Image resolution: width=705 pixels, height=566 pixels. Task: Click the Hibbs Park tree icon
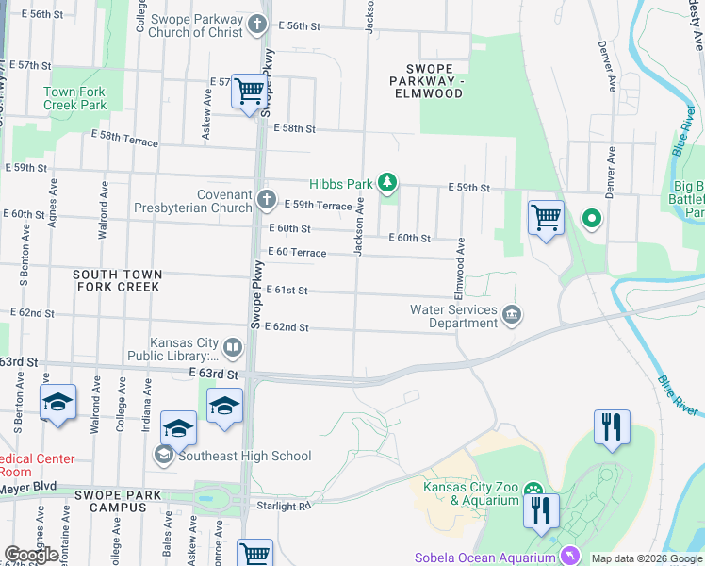click(385, 182)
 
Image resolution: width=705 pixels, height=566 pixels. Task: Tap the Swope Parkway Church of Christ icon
click(259, 26)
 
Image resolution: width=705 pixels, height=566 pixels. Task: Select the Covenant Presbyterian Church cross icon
click(267, 200)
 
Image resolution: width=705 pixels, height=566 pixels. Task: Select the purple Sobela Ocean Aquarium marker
click(568, 557)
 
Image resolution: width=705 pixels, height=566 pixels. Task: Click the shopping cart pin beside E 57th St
click(249, 92)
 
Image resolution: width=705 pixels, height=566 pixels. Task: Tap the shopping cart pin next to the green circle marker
click(546, 218)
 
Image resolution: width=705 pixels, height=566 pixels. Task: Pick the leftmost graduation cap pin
click(57, 402)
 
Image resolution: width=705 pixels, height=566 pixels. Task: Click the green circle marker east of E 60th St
click(591, 220)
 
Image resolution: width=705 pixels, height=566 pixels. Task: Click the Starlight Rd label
click(283, 507)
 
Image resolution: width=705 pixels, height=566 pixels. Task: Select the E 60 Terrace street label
click(297, 253)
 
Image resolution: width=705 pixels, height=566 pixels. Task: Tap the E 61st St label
click(287, 291)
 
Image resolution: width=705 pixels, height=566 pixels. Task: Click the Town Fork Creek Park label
click(74, 99)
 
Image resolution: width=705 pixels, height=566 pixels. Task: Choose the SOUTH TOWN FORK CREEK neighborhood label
click(118, 279)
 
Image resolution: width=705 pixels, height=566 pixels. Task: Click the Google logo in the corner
click(31, 555)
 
